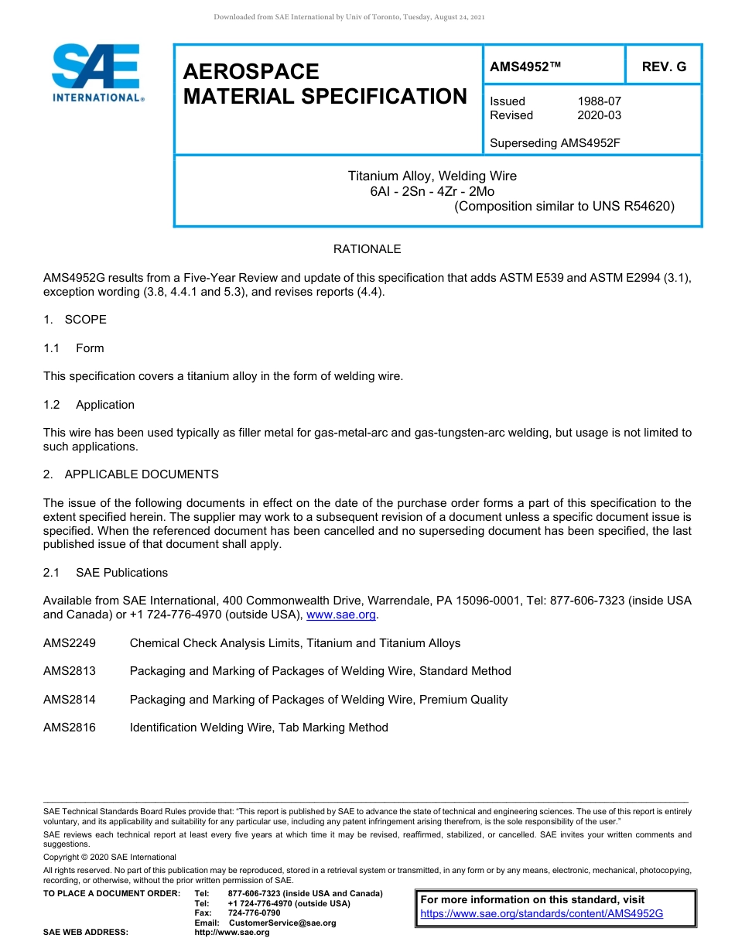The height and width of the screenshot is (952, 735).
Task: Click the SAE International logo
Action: coord(96,74)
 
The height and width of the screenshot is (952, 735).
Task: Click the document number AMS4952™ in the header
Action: coord(525,67)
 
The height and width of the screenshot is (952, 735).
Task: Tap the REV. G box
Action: coord(663,67)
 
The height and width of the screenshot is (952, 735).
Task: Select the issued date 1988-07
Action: coord(599,101)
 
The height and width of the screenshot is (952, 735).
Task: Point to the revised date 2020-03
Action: coord(599,115)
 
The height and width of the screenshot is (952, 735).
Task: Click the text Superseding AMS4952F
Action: coord(556,143)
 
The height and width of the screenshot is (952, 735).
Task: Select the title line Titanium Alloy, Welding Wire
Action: coord(432,176)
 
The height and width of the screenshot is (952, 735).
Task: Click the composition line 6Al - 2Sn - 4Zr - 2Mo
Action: coord(432,191)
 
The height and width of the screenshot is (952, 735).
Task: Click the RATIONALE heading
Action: coord(367,249)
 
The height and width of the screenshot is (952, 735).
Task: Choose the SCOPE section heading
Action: coord(85,320)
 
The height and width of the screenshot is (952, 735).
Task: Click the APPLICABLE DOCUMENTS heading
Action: coord(141,474)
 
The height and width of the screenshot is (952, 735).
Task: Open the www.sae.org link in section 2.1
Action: coord(340,615)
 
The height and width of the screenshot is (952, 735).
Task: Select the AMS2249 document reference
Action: coord(70,643)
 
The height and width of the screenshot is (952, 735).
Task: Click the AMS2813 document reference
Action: coord(70,671)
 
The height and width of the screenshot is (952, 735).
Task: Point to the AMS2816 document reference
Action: coord(70,728)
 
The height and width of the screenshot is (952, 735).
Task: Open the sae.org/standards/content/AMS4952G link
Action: coord(542,913)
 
